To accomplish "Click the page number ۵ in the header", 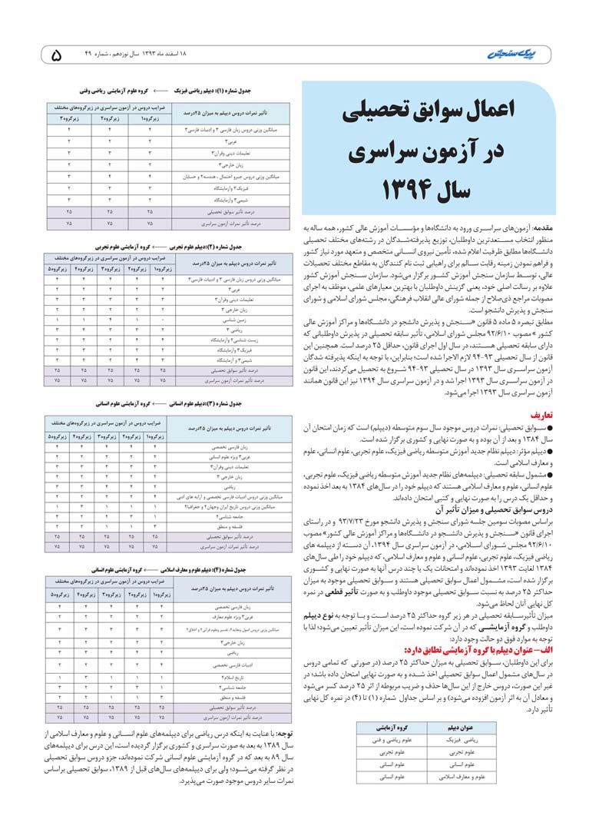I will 55,55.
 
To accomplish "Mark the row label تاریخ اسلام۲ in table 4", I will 230,677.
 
